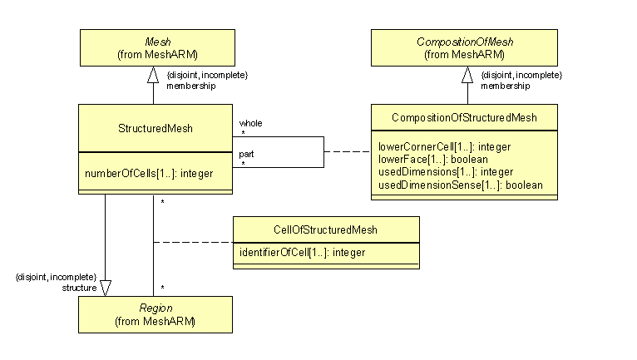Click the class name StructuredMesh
[x=155, y=128]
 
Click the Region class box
[x=155, y=314]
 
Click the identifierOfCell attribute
[x=297, y=252]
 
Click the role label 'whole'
[x=250, y=122]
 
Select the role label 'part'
[x=246, y=154]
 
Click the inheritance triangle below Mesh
[x=152, y=76]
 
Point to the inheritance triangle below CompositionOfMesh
[x=467, y=76]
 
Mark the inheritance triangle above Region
[x=105, y=287]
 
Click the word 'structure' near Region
[x=79, y=287]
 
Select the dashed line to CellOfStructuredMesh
[x=193, y=243]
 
